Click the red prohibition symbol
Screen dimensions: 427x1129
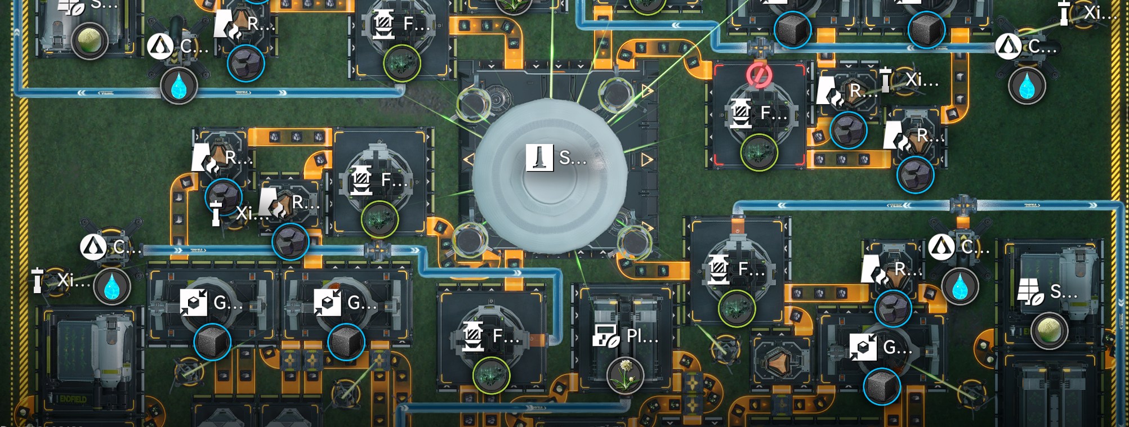point(759,75)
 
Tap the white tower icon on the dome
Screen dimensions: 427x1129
point(539,158)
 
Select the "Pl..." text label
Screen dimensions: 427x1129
point(641,336)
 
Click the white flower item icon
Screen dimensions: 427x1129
point(625,375)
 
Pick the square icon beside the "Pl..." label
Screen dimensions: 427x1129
point(606,336)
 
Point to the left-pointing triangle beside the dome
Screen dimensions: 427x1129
point(468,160)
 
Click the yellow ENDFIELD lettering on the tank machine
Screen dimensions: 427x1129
point(73,399)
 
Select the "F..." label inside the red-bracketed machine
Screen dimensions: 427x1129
point(773,113)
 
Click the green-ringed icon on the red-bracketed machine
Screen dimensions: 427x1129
point(758,152)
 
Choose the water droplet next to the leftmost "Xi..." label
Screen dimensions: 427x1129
point(112,286)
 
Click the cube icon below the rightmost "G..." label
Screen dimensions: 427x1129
point(882,386)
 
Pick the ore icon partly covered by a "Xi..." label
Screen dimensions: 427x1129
point(224,197)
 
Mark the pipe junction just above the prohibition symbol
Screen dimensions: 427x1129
point(760,46)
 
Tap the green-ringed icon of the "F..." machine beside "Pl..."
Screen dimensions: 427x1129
point(491,375)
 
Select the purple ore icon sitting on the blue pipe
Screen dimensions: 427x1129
point(291,242)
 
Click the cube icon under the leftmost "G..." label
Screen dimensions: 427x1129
point(212,342)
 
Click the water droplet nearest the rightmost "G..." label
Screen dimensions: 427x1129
point(960,286)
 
